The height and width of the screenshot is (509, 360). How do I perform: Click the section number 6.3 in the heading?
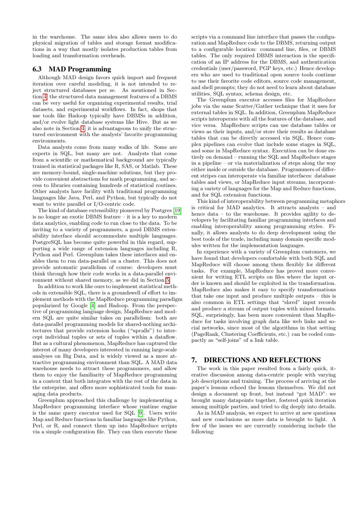click(x=37, y=69)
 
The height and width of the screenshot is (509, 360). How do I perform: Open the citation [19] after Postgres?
click(x=177, y=211)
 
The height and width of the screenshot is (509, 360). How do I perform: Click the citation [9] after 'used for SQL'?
click(x=141, y=413)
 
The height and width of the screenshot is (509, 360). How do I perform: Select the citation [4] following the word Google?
click(x=93, y=305)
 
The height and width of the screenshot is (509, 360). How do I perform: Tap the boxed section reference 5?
click(x=168, y=280)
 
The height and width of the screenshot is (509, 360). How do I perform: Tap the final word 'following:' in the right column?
click(x=203, y=432)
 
